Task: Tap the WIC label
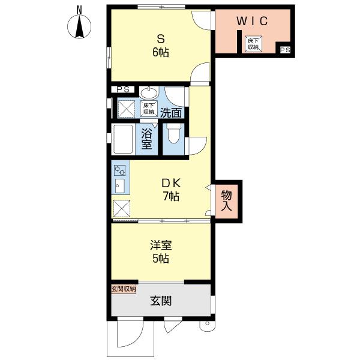coord(252,21)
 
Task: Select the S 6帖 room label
coord(161,46)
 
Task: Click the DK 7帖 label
coord(171,190)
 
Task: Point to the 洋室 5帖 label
coord(161,252)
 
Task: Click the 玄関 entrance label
coord(161,301)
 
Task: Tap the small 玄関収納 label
coord(124,289)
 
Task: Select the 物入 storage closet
coord(226,201)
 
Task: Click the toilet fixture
coord(173,134)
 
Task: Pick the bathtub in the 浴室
coord(123,139)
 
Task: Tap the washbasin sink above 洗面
coord(149,92)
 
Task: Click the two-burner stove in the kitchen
coord(120,170)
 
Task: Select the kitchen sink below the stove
coord(119,186)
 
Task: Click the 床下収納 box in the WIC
coord(253,44)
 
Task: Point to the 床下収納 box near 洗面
coord(149,109)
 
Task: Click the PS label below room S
coord(123,89)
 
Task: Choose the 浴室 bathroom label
coord(146,139)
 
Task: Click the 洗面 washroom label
coord(171,113)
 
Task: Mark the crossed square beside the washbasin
coord(126,109)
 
